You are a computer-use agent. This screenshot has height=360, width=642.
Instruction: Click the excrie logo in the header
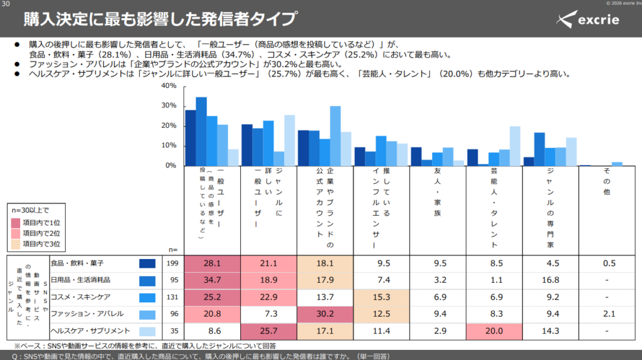[587, 19]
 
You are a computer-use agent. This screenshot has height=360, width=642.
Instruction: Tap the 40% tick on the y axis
[169, 85]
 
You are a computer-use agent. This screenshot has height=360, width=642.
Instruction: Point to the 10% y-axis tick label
[169, 146]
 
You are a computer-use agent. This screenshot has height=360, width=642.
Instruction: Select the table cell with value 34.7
[212, 280]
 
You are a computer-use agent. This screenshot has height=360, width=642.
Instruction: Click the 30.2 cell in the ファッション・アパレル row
[325, 314]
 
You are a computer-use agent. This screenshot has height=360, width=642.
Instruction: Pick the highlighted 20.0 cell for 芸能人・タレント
[494, 331]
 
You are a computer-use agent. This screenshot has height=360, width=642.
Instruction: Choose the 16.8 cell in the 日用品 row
[550, 280]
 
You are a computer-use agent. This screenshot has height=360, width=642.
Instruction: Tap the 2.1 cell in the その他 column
[609, 314]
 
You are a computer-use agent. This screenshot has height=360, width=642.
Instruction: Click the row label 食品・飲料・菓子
[77, 263]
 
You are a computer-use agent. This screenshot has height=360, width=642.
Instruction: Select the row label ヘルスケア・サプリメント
[90, 331]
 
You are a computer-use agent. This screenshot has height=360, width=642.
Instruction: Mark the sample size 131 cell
[172, 297]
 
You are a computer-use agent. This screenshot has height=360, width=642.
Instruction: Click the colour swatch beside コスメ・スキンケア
[147, 298]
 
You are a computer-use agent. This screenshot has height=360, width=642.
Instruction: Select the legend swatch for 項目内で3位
[16, 244]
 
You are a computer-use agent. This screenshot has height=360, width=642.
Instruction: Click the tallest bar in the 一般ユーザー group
[201, 132]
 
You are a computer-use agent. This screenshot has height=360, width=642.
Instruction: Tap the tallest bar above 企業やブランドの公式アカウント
[335, 136]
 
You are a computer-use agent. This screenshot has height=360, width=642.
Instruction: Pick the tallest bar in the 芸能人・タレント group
[515, 146]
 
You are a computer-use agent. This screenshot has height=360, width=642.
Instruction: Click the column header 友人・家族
[438, 192]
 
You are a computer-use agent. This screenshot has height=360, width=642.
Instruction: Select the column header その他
[607, 181]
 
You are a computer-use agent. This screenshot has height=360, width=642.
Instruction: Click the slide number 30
[6, 4]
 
